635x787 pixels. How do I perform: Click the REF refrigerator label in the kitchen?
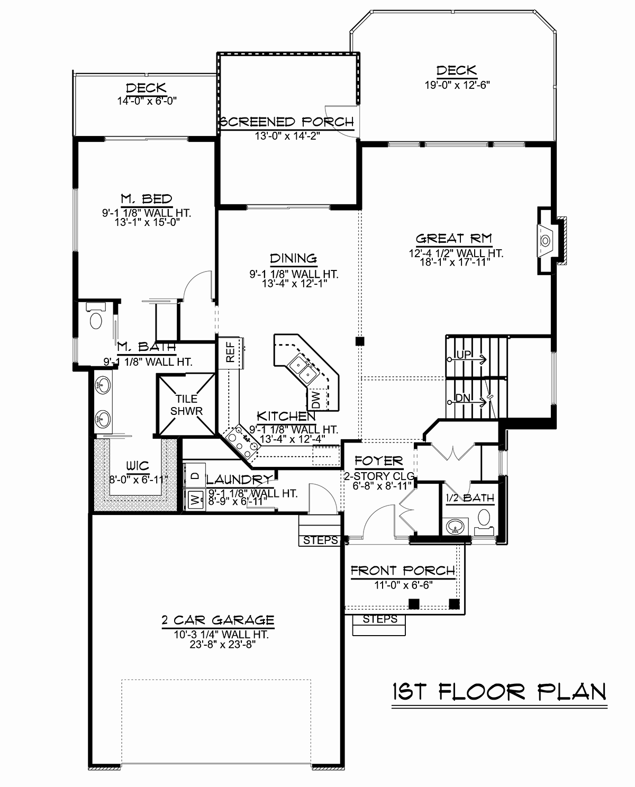pyautogui.click(x=230, y=352)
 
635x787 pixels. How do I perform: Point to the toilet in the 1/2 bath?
pyautogui.click(x=484, y=522)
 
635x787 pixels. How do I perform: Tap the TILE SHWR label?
pyautogui.click(x=186, y=405)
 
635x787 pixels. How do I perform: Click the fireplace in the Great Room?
pyautogui.click(x=547, y=241)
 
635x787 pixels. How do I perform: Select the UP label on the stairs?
pyautogui.click(x=464, y=355)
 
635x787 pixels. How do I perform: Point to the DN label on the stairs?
pyautogui.click(x=463, y=398)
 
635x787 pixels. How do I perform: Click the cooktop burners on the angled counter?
pyautogui.click(x=242, y=443)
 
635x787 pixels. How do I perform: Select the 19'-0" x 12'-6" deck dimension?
pyautogui.click(x=457, y=85)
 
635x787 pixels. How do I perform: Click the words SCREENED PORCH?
pyautogui.click(x=287, y=122)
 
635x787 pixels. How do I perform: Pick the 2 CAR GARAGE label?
pyautogui.click(x=218, y=620)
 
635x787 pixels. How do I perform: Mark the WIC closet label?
pyautogui.click(x=138, y=466)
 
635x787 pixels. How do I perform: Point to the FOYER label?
pyautogui.click(x=378, y=461)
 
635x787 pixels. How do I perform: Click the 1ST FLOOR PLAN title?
pyautogui.click(x=500, y=692)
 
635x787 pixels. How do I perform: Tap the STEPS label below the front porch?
pyautogui.click(x=380, y=619)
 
